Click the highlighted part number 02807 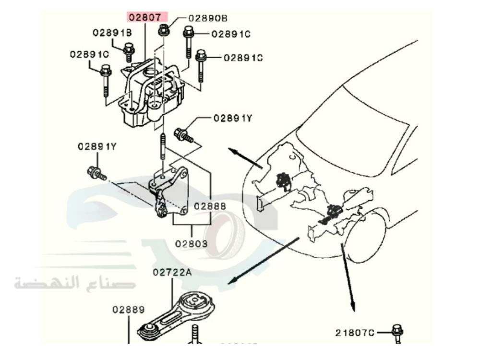click(x=147, y=17)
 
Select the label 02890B click(x=207, y=18)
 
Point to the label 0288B click(x=209, y=206)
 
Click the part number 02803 click(x=191, y=244)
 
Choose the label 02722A click(x=172, y=273)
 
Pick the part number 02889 click(x=129, y=310)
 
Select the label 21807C click(x=355, y=332)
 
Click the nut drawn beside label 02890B click(x=163, y=31)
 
